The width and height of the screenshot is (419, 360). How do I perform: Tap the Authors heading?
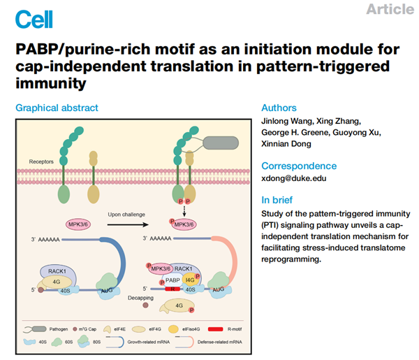279,108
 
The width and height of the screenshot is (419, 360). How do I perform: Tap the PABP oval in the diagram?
171,279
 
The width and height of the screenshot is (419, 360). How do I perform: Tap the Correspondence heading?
298,166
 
